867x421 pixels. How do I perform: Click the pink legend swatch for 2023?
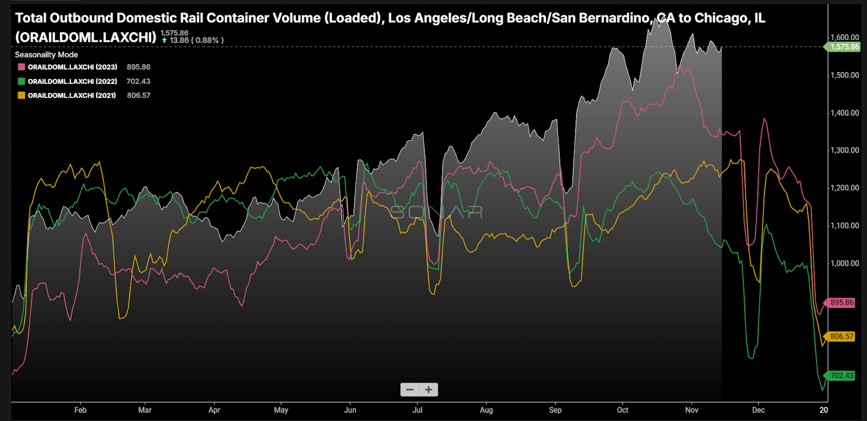click(x=21, y=67)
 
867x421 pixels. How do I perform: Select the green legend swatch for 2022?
click(x=21, y=81)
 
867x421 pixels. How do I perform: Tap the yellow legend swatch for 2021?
click(x=21, y=95)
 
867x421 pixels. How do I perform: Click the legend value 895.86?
click(x=138, y=67)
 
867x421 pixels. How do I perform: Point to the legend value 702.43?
click(x=138, y=81)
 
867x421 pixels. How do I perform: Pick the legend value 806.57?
click(x=139, y=95)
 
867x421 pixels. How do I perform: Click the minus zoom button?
click(x=410, y=390)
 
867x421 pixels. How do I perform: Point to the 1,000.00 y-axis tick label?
click(x=845, y=263)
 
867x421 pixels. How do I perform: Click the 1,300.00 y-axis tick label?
click(x=845, y=150)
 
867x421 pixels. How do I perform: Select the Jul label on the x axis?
click(x=417, y=410)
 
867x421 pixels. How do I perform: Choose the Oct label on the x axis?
click(x=623, y=410)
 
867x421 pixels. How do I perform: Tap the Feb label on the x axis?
click(x=80, y=410)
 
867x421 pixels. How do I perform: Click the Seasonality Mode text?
click(x=46, y=55)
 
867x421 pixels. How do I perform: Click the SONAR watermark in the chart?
click(x=436, y=212)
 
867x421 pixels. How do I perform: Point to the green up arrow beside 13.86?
click(x=164, y=41)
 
